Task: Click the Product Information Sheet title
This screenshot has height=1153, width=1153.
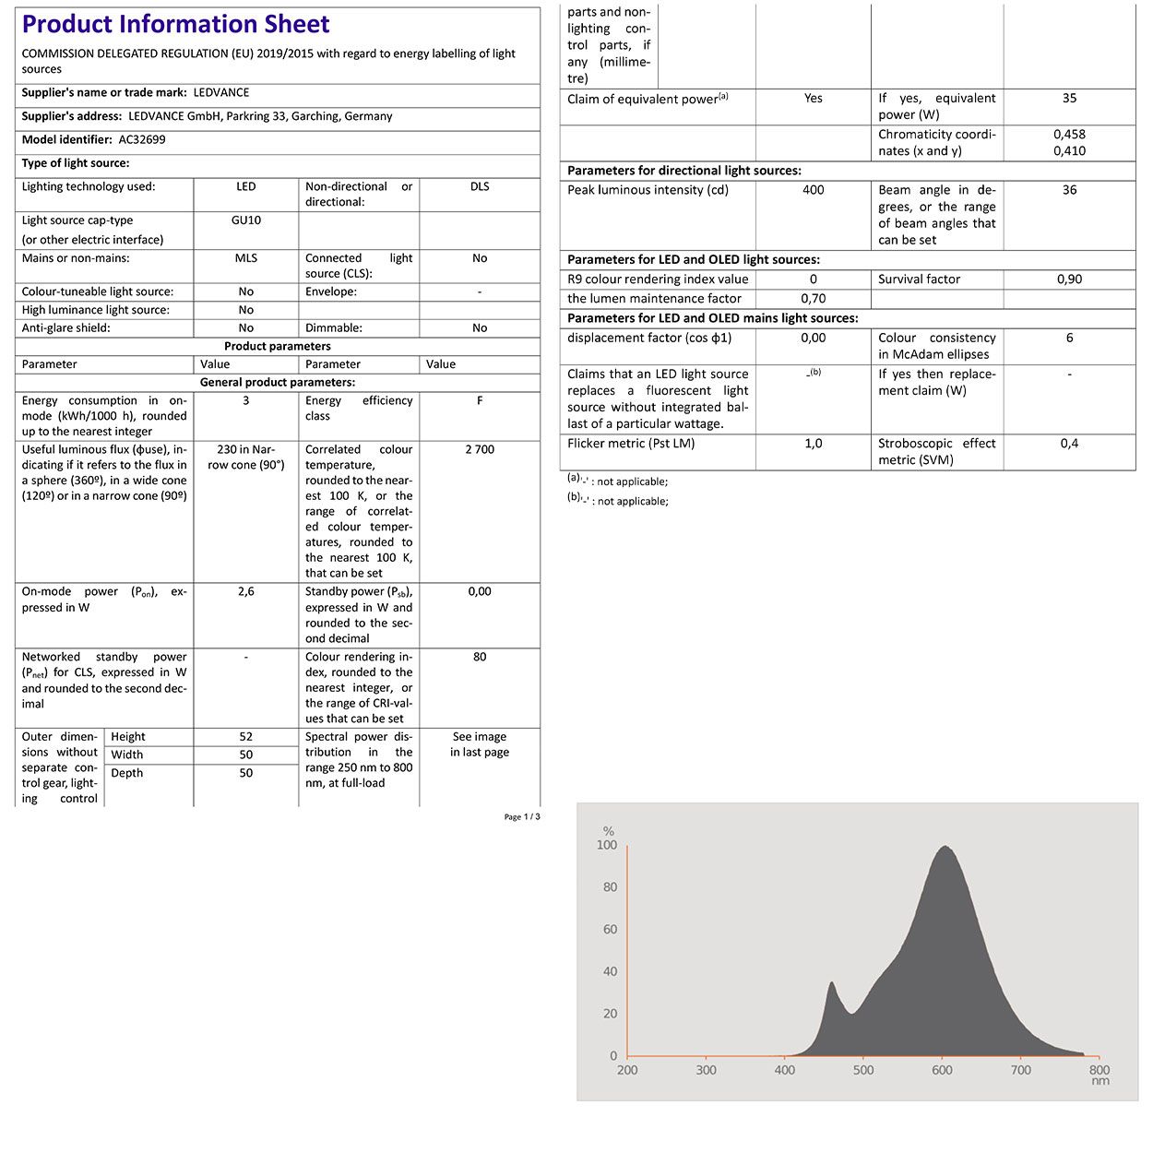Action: [x=175, y=25]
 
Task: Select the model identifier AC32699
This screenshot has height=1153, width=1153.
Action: [x=142, y=140]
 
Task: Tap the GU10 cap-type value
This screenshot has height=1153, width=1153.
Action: [x=246, y=220]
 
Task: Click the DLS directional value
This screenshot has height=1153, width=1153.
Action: [x=480, y=186]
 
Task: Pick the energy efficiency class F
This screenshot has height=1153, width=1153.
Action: [x=480, y=400]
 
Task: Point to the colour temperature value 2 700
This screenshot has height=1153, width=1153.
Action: [x=480, y=449]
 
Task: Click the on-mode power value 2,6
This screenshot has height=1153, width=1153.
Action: [x=246, y=591]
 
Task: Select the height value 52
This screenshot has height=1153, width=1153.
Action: [x=246, y=737]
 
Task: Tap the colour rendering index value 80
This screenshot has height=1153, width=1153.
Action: [x=480, y=657]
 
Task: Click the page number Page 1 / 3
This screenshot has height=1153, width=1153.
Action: [x=522, y=817]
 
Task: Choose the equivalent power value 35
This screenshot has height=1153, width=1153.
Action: [x=1069, y=98]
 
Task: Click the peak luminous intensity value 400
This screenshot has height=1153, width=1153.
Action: [x=814, y=190]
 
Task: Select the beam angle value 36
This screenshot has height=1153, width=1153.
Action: [x=1069, y=190]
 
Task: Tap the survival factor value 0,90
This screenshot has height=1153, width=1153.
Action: [x=1069, y=279]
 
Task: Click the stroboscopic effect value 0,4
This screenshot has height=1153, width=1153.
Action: [x=1069, y=444]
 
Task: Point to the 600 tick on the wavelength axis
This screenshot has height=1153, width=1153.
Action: [x=942, y=1070]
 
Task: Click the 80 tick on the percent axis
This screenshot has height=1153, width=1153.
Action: [x=610, y=887]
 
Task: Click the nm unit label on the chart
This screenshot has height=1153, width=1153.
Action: [x=1100, y=1081]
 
